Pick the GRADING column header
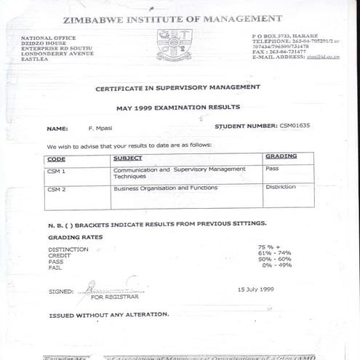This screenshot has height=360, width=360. [281, 157]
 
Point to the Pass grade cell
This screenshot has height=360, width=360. [273, 169]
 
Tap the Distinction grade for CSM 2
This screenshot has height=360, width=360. [281, 187]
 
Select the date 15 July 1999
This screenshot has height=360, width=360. [256, 289]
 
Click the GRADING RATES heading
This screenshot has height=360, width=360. [75, 237]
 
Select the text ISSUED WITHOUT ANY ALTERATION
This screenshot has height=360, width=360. [108, 315]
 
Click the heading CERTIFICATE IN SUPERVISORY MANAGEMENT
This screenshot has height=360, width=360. [177, 87]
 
